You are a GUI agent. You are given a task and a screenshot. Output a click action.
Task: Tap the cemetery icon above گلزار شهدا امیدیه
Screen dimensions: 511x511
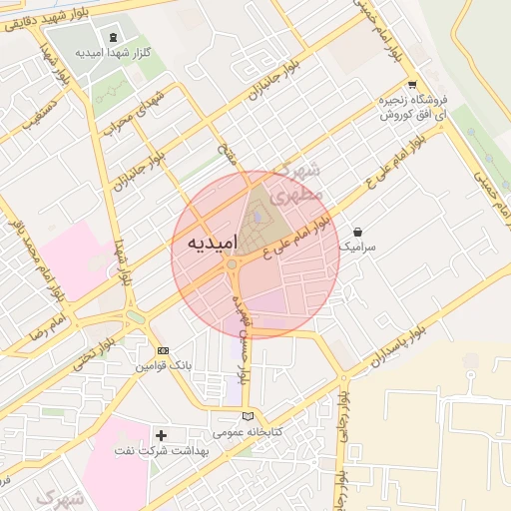click(x=110, y=36)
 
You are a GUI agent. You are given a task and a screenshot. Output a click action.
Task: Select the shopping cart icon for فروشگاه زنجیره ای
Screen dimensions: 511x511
click(x=411, y=86)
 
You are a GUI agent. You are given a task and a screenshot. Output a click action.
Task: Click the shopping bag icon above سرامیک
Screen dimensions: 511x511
click(x=357, y=232)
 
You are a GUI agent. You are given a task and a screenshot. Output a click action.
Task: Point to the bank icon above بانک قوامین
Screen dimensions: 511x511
click(x=163, y=351)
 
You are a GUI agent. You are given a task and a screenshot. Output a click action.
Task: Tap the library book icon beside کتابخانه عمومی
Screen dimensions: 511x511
click(x=249, y=416)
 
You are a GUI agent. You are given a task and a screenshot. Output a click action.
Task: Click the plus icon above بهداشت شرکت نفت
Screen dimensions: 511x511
click(x=161, y=435)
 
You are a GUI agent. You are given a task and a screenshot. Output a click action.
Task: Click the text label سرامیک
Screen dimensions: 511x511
click(x=356, y=246)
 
